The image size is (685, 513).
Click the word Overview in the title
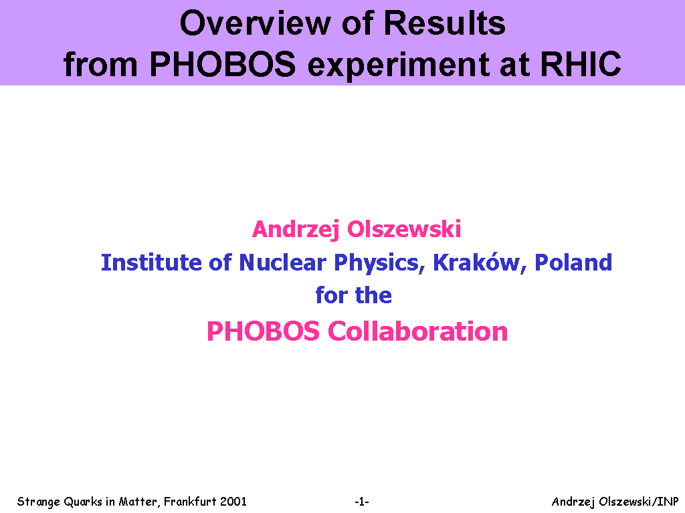tap(255, 23)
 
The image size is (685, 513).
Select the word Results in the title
tap(444, 23)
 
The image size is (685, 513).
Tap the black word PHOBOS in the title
tap(223, 64)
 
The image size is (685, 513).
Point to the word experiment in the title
tap(399, 65)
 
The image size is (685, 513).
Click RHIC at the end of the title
tap(581, 64)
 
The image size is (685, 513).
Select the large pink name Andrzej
tap(296, 230)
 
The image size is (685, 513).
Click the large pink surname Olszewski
tap(404, 229)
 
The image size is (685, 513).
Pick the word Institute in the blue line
tap(151, 263)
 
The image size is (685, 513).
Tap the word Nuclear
tap(283, 263)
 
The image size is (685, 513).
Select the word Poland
tap(573, 263)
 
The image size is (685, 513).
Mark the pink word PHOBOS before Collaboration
tap(263, 331)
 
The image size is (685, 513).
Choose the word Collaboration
tap(417, 331)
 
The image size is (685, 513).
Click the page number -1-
tap(362, 502)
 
